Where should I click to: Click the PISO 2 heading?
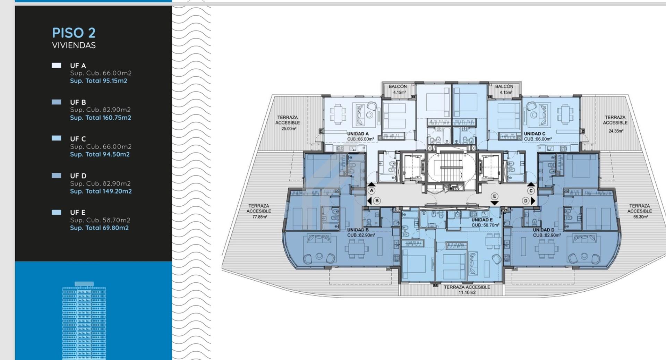(74, 33)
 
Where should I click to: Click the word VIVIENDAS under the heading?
(74, 45)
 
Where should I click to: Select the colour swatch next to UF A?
(57, 66)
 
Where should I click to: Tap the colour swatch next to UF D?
(57, 176)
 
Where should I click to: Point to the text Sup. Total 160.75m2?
(101, 118)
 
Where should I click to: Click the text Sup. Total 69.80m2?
(99, 228)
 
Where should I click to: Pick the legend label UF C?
(78, 139)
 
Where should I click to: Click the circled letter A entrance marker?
(372, 190)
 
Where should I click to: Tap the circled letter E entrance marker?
(495, 196)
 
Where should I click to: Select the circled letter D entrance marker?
(526, 201)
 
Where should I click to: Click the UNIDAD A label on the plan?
(358, 134)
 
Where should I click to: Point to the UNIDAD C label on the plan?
(535, 134)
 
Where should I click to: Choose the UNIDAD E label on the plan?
(482, 220)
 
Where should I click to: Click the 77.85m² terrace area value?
(259, 217)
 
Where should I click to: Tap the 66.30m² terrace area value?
(640, 217)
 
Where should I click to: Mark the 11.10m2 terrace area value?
(467, 292)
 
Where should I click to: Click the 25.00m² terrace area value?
(289, 128)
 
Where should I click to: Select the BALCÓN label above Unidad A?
(398, 86)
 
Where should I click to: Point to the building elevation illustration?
(84, 320)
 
